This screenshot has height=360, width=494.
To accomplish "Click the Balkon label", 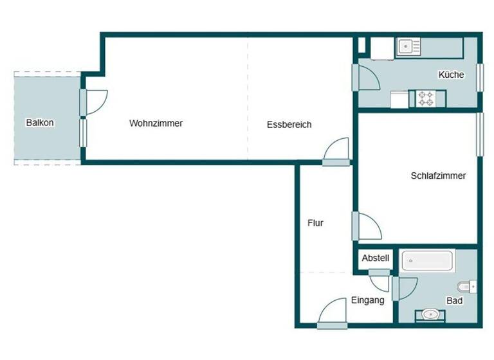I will point(40,123).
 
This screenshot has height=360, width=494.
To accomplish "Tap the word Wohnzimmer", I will point(156,123).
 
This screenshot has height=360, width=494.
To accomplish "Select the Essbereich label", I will point(289,125).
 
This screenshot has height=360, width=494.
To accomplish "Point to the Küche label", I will point(451,75).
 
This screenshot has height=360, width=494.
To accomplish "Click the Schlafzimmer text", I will point(438,175).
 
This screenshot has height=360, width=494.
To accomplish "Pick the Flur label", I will point(315,224).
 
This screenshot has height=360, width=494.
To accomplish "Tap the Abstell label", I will point(375,258).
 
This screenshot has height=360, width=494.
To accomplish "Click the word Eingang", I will point(367,300).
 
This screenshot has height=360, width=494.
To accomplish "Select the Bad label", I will point(454,300).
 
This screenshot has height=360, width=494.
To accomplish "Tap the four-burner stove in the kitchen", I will point(426,99).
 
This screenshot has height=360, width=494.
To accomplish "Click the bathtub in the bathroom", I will point(428,262).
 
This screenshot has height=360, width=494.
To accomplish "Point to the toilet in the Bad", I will point(466,286).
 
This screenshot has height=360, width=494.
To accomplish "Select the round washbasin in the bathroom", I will point(430,314).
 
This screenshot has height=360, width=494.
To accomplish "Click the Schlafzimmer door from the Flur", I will point(368,226).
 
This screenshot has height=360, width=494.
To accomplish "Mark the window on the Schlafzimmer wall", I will point(479,134).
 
